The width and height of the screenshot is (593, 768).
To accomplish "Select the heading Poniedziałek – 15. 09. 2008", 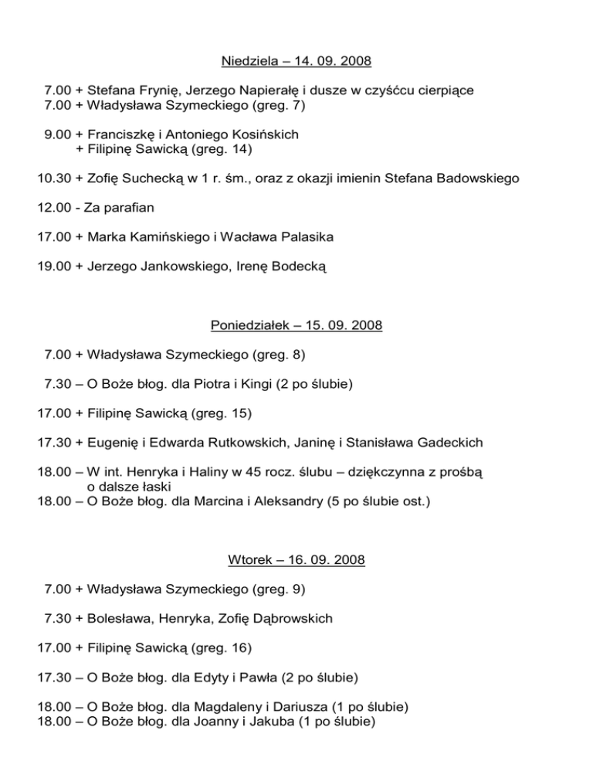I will pyautogui.click(x=296, y=326).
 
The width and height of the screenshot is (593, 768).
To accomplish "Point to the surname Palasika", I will pyautogui.click(x=296, y=237).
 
